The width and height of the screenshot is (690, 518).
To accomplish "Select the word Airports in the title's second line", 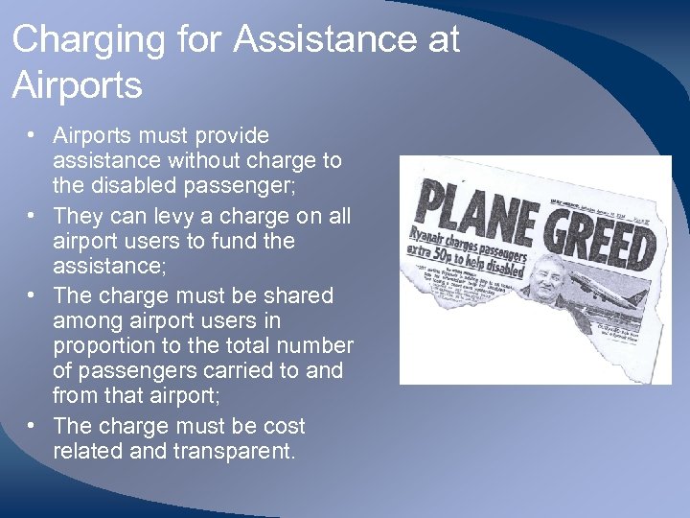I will (77, 85).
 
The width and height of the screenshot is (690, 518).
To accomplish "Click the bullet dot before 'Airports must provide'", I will (33, 136).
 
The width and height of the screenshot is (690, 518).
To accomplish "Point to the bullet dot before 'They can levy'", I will (33, 217).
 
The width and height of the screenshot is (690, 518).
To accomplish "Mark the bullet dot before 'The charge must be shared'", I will (33, 296).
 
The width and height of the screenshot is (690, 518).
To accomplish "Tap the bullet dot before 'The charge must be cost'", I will (33, 426).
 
